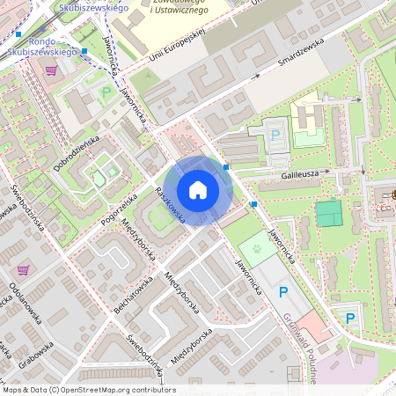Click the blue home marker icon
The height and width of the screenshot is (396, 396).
tap(198, 190)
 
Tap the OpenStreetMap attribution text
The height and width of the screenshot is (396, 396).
tap(89, 390)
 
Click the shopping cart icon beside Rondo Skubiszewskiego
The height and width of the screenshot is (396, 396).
tap(51, 70)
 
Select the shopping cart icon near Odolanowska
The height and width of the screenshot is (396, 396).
tap(22, 270)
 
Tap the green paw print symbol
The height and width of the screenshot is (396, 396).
tap(255, 249)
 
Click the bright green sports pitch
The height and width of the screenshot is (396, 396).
tap(328, 213)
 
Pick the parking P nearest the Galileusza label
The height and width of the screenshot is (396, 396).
tap(275, 136)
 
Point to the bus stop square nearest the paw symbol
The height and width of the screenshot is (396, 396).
tap(253, 204)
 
